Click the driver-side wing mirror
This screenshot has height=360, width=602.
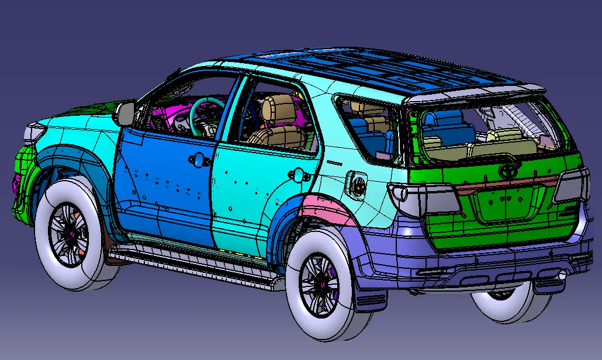click(125, 113)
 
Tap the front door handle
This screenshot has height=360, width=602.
click(197, 159)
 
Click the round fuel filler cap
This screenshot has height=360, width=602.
click(358, 185)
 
